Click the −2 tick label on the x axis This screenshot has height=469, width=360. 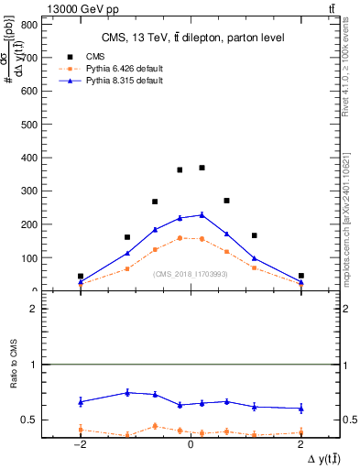tap(80, 444)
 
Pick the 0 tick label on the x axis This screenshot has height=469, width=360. tap(190, 444)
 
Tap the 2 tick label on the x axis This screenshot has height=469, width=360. tap(300, 444)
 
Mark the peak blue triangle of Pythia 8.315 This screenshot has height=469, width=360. tap(202, 214)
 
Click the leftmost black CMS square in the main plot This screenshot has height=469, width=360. tap(81, 276)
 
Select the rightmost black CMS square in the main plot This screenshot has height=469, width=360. tap(300, 276)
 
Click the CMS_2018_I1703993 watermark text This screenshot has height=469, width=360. tap(191, 273)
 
